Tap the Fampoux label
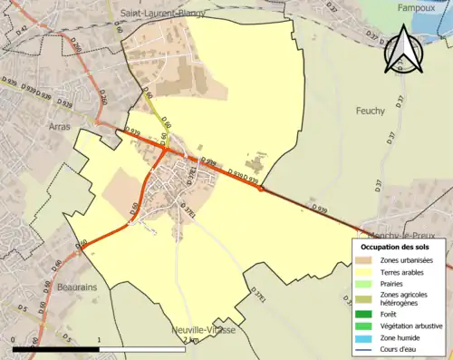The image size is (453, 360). click(x=420, y=7)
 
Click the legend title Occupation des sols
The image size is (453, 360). click(x=396, y=247)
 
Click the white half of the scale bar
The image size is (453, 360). click(x=144, y=349)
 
